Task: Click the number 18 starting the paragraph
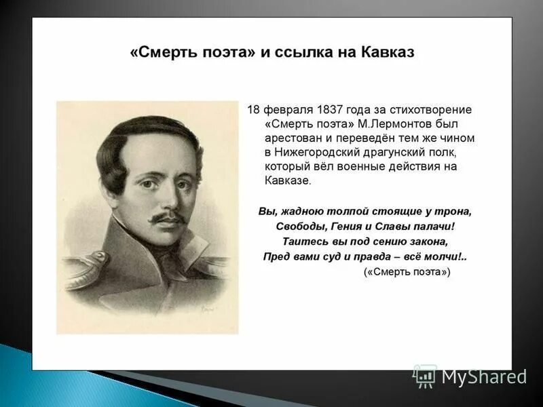tap(253, 109)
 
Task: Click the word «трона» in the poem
tap(457, 211)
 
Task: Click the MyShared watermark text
tap(484, 377)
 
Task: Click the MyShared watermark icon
tap(425, 376)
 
